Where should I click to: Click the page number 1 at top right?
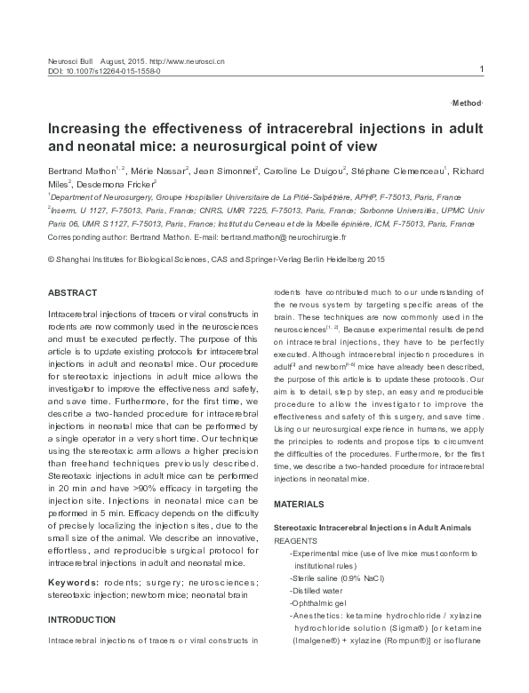point(481,69)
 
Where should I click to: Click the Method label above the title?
point(467,104)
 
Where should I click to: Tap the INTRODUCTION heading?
point(81,619)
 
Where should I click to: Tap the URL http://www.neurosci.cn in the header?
point(187,60)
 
